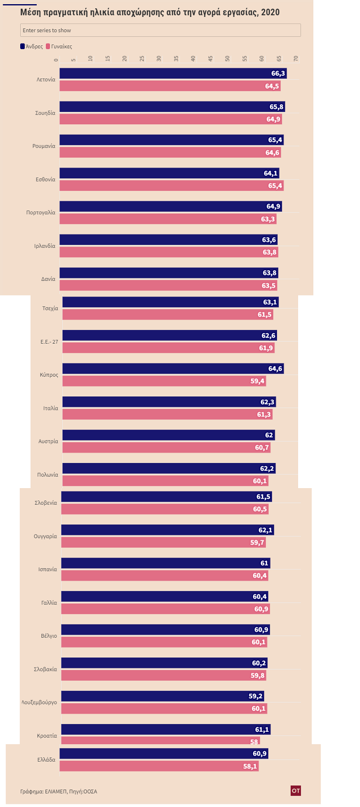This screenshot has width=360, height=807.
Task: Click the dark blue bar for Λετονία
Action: click(x=165, y=73)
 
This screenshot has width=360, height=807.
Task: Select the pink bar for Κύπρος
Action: click(x=161, y=381)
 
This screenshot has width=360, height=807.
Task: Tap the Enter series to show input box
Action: click(x=161, y=30)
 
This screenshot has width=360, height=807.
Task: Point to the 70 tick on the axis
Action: click(x=296, y=59)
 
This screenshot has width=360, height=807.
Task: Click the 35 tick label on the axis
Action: click(x=159, y=59)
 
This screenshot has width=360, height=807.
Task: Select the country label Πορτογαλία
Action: click(x=41, y=212)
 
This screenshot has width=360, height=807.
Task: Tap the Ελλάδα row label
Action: click(x=46, y=760)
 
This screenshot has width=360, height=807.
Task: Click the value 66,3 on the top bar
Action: click(x=278, y=73)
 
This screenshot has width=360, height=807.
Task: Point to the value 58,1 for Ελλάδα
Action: click(x=250, y=766)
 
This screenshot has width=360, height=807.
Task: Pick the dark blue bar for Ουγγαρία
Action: click(x=165, y=530)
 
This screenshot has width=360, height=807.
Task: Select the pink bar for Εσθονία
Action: click(x=170, y=186)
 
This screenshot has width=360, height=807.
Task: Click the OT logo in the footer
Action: click(x=296, y=790)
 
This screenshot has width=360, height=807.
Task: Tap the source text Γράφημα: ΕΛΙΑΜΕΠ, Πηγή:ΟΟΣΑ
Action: click(x=59, y=791)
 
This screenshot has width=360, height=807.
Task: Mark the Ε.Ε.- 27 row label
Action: click(x=49, y=342)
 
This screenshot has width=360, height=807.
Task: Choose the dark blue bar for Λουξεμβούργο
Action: click(x=161, y=696)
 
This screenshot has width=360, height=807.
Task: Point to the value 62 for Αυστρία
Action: click(x=269, y=435)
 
